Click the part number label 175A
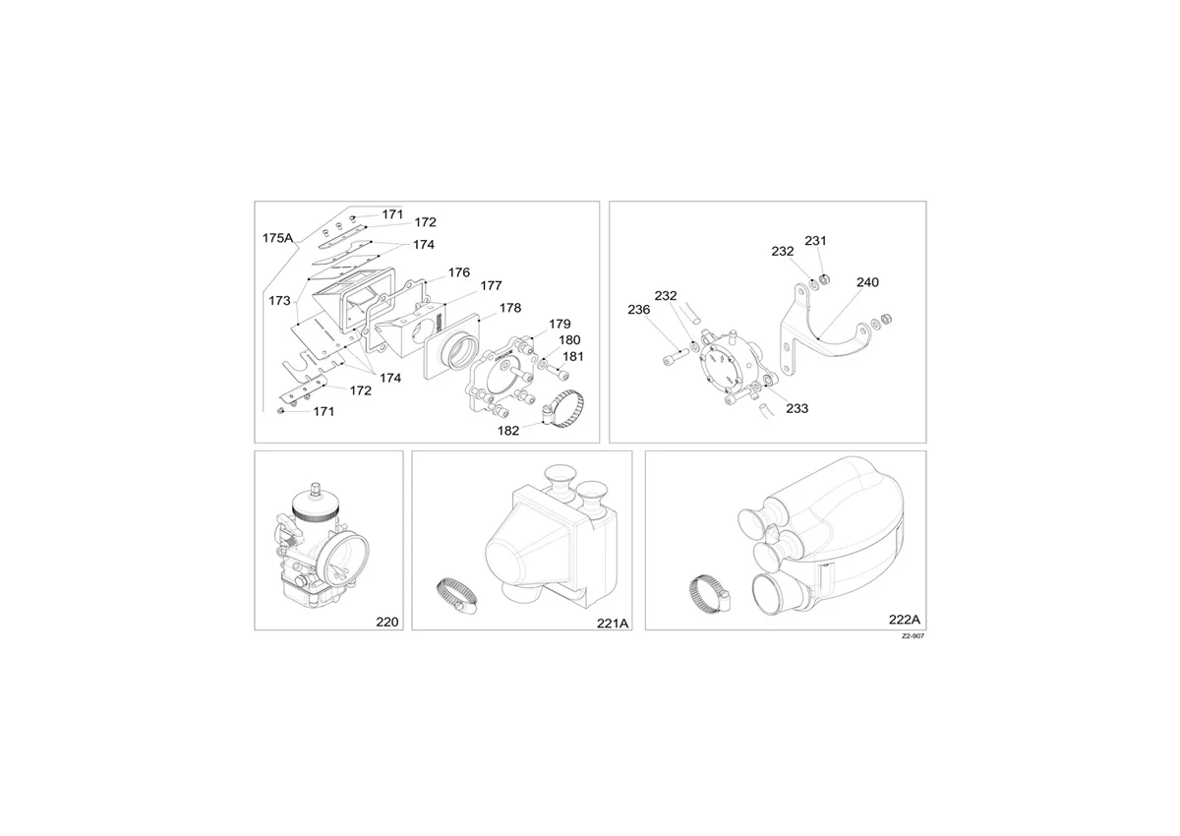point(277,238)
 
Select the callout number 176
point(459,272)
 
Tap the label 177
point(491,285)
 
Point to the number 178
point(510,308)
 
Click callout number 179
point(560,324)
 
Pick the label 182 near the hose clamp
point(508,431)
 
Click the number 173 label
point(279,301)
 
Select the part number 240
point(867,282)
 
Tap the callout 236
point(639,310)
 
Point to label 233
point(797,408)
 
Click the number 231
point(815,241)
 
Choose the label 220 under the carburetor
point(387,623)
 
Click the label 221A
point(613,624)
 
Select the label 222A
point(905,620)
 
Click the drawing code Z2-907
point(913,636)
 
